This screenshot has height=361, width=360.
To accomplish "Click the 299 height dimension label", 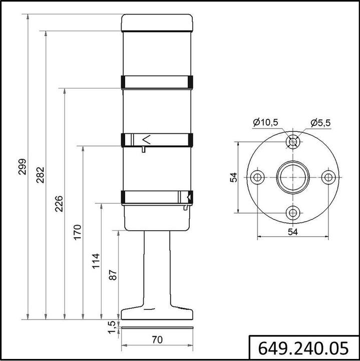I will (22, 167).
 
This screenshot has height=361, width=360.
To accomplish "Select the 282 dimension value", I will (41, 175).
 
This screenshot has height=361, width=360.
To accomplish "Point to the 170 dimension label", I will (78, 232).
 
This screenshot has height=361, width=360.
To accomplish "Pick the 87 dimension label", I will (113, 274).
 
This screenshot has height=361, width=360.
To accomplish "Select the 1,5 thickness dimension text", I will (113, 327).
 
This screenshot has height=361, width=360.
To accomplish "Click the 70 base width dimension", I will (157, 339).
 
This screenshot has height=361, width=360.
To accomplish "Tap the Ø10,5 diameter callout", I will (266, 122).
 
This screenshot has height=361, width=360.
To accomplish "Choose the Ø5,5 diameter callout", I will (320, 122).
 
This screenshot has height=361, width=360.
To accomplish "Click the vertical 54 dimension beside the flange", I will (233, 177).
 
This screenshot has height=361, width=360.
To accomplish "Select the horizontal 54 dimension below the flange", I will (293, 231).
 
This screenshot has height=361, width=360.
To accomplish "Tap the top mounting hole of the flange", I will (292, 142).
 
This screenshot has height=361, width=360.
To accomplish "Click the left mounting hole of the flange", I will (257, 177).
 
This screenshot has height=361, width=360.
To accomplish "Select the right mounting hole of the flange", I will (328, 177).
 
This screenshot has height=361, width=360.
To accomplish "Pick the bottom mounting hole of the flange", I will (292, 212).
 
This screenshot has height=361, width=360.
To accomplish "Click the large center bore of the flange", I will (292, 177).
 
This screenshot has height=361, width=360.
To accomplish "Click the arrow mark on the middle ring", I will (146, 139).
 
